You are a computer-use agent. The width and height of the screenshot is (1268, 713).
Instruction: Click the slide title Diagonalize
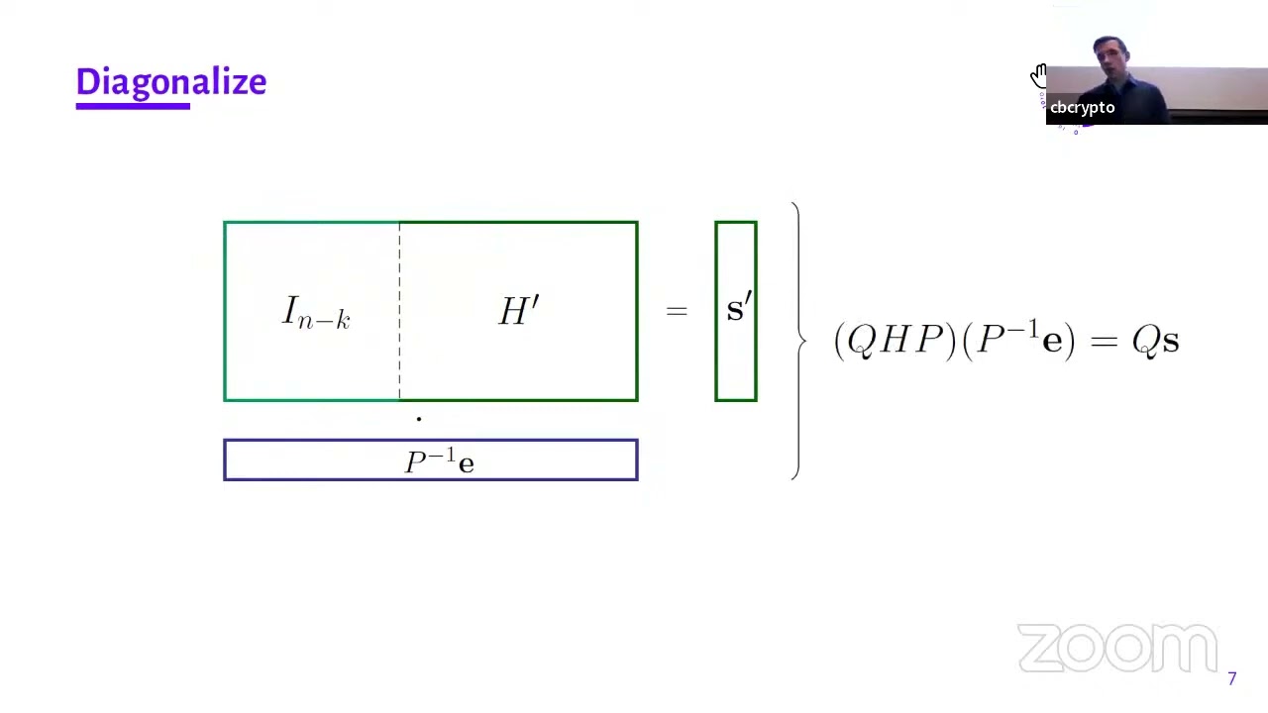coord(171,82)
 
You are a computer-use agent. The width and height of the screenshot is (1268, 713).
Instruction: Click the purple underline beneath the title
coord(133,106)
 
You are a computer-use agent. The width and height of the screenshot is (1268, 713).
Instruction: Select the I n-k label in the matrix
coord(316,312)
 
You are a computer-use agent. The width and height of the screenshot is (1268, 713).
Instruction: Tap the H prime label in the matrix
coord(518,311)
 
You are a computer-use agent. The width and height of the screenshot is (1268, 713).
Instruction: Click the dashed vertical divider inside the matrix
coord(399,311)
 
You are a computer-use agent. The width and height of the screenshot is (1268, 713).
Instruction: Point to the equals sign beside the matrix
coord(677,311)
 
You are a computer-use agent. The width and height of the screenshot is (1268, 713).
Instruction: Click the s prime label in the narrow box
coord(739,307)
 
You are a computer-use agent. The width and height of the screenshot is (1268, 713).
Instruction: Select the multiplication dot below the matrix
coord(419,419)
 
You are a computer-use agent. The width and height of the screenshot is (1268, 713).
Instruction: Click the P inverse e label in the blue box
coord(439,460)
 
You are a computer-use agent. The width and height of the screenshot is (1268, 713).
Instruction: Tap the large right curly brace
coord(798,341)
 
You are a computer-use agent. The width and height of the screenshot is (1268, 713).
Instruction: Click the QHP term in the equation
coord(895,341)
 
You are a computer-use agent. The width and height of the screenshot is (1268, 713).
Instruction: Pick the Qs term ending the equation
coord(1155,342)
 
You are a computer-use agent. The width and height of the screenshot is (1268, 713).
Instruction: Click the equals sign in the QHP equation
coord(1104,342)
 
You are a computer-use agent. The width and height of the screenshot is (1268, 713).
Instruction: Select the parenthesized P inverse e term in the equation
coord(1018,340)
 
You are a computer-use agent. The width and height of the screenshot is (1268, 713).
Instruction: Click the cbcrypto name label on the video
coord(1083,108)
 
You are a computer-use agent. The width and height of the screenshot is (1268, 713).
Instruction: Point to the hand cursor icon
coord(1038,76)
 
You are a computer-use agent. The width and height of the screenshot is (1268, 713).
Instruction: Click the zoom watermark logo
coord(1117,648)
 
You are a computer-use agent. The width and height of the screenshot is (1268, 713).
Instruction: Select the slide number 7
coord(1231,678)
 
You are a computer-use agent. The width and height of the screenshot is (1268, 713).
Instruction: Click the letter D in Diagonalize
coord(88,81)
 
